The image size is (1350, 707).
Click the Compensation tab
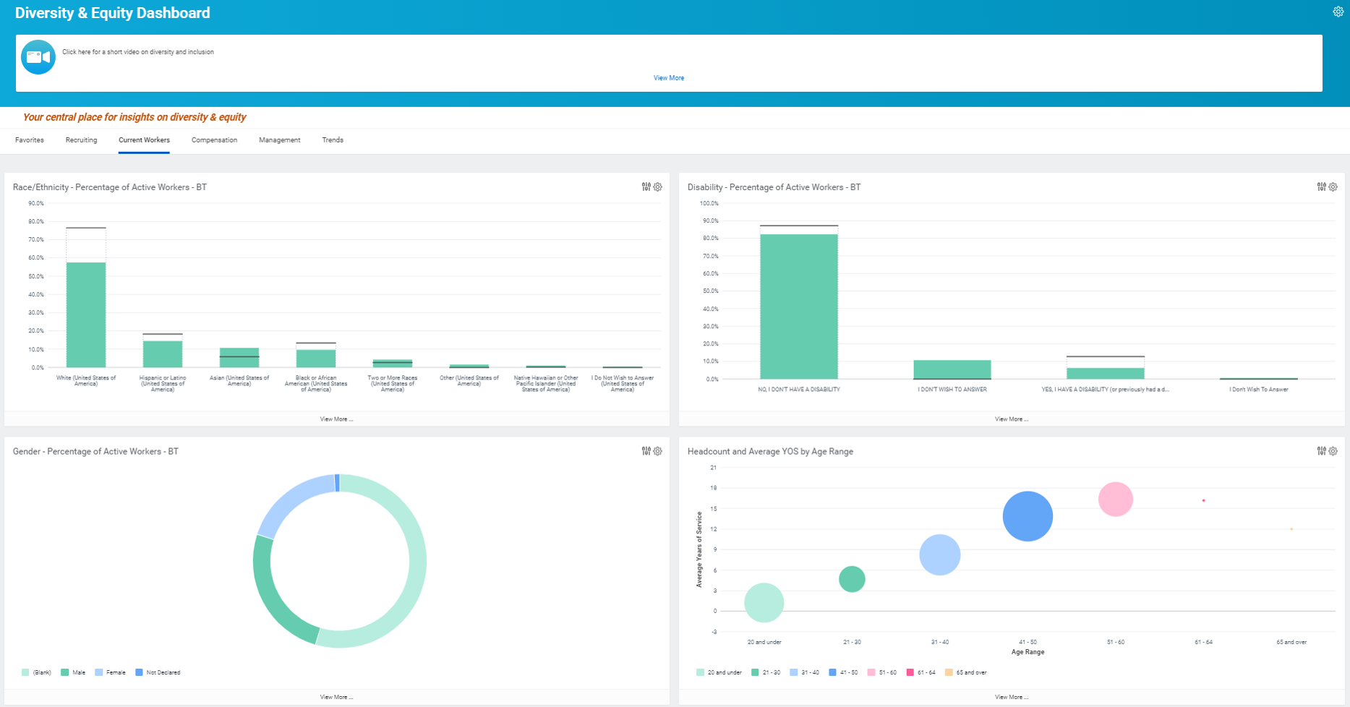[214, 140]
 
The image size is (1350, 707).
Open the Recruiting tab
[81, 140]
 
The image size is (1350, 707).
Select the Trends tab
[333, 140]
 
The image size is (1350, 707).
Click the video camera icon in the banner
[38, 57]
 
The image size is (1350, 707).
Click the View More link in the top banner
[668, 78]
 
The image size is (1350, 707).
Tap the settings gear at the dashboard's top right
[1338, 12]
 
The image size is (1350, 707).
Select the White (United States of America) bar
[86, 314]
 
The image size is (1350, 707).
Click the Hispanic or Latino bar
[163, 353]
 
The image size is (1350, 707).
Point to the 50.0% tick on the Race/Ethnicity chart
[36, 276]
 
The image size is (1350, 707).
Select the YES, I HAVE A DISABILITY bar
[1105, 373]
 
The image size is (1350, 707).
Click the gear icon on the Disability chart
[1333, 187]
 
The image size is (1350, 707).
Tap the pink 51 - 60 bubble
[1115, 499]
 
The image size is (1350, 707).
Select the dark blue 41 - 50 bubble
[1028, 516]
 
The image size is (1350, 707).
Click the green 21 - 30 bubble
[852, 579]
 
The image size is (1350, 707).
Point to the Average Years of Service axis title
[699, 549]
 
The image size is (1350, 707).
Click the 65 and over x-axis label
[1291, 642]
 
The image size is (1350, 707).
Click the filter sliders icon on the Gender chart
[646, 451]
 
